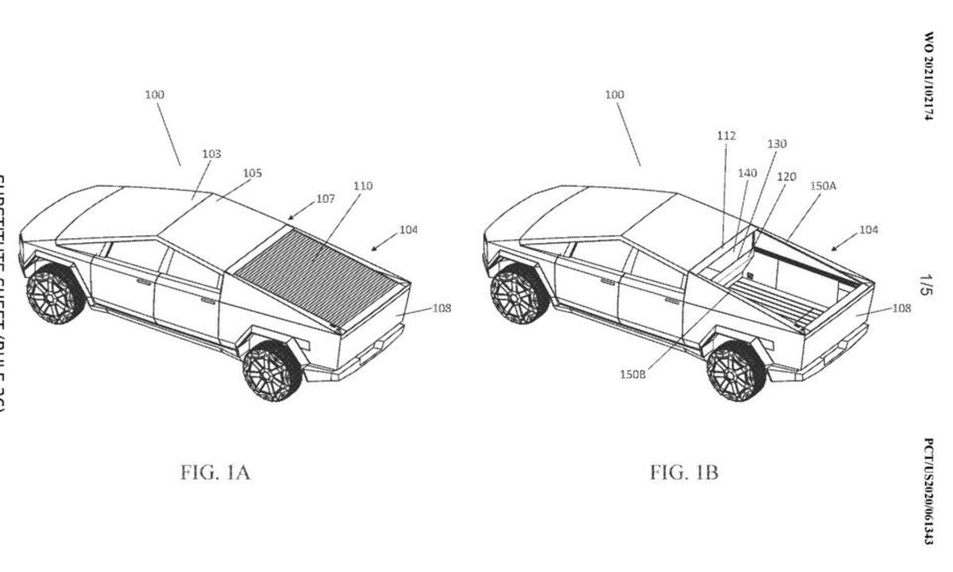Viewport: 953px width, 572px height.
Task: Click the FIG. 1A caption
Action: (x=216, y=473)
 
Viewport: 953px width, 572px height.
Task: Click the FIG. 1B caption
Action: (x=684, y=473)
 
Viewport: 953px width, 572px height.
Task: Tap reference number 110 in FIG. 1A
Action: (x=363, y=186)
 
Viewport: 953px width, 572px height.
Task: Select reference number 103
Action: (x=211, y=153)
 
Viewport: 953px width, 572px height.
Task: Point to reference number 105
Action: (x=253, y=172)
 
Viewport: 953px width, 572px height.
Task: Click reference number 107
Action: (x=326, y=199)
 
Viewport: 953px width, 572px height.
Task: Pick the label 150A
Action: (x=823, y=186)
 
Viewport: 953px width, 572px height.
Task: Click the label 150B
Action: (x=633, y=373)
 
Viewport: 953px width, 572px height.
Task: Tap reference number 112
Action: (x=726, y=136)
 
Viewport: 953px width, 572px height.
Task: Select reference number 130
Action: (x=777, y=144)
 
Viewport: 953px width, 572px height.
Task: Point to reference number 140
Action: (x=747, y=172)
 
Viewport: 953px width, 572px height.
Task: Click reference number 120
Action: (x=786, y=176)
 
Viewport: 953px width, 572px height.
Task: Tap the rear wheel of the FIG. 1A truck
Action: (x=271, y=370)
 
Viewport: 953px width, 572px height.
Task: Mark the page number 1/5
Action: (x=926, y=286)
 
